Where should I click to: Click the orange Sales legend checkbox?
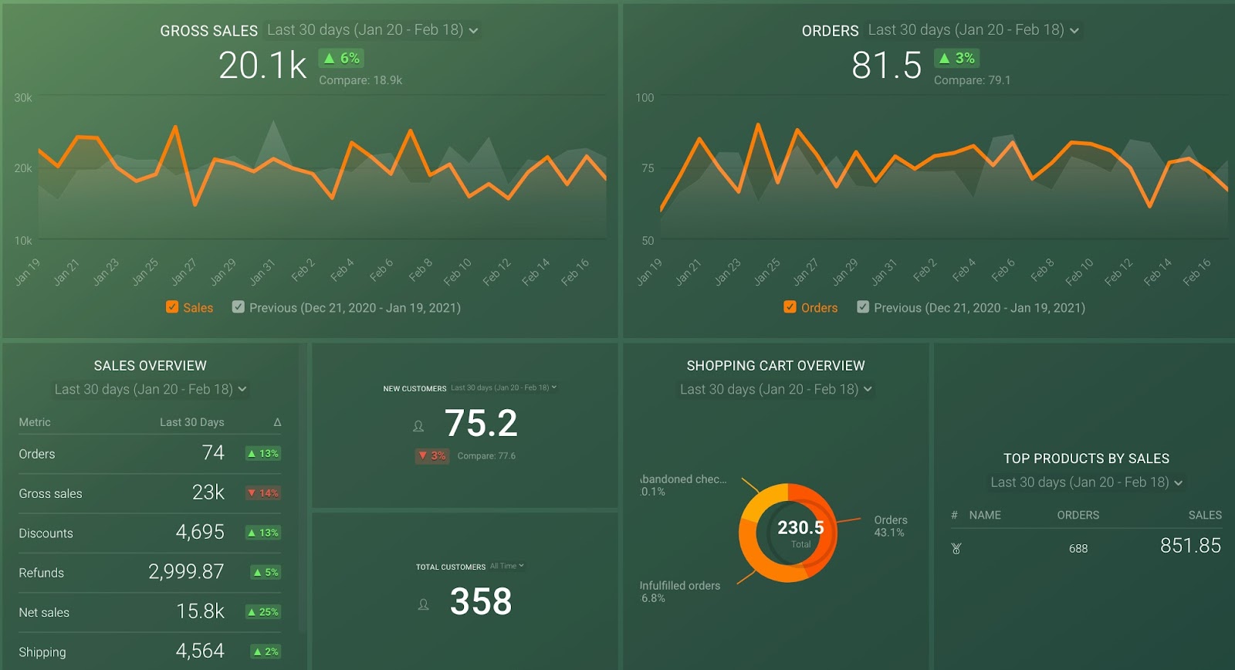point(172,307)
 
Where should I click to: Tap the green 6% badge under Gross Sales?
point(341,58)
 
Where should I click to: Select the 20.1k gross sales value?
point(262,66)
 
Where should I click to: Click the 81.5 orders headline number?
point(886,66)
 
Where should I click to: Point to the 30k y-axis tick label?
point(23,98)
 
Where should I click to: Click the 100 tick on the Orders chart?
point(645,98)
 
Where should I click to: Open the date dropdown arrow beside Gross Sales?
point(473,31)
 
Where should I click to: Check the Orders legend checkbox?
point(790,307)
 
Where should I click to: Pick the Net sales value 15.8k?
point(200,611)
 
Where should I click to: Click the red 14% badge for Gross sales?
point(262,493)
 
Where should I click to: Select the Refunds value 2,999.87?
point(186,572)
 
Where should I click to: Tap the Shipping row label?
point(42,652)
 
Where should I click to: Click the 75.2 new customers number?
point(480,423)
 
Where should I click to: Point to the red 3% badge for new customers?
point(431,456)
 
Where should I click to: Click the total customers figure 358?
point(480,602)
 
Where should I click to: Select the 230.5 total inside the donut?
point(800,528)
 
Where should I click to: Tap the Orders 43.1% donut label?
point(890,526)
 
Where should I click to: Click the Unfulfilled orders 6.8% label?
point(679,591)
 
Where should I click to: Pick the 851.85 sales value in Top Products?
point(1190,546)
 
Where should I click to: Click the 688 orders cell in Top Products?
point(1078,549)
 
